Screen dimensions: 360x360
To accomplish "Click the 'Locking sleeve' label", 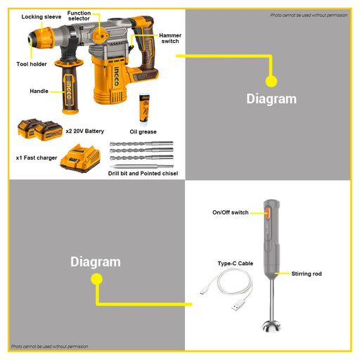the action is click(x=41, y=17).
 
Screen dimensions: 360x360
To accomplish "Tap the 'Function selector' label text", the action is click(x=79, y=15).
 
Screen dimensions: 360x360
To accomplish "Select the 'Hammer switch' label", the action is click(x=170, y=38).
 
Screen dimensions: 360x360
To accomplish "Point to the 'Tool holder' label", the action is click(x=32, y=64).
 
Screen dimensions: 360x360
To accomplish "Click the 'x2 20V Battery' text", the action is click(x=85, y=131).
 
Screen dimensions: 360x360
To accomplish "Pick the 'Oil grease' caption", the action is click(x=143, y=131).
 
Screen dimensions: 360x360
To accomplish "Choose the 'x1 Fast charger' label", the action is click(x=37, y=157).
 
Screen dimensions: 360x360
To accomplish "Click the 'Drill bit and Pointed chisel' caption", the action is click(x=143, y=174).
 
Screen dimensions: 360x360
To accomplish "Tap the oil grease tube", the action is click(x=144, y=108).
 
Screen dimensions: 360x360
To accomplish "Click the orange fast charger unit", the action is click(x=80, y=158).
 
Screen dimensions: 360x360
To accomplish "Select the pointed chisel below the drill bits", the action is click(x=141, y=167).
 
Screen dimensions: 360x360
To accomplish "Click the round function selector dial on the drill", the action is click(x=101, y=36).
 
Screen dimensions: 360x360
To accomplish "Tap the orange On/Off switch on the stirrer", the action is click(x=267, y=213).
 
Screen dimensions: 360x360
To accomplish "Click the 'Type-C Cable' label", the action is click(x=236, y=264).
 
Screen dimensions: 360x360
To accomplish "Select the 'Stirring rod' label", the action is click(x=307, y=274).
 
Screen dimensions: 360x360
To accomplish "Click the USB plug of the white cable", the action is click(x=238, y=305).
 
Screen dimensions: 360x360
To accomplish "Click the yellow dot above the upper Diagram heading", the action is click(x=271, y=82).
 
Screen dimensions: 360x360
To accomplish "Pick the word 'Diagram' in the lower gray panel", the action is click(x=96, y=262).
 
